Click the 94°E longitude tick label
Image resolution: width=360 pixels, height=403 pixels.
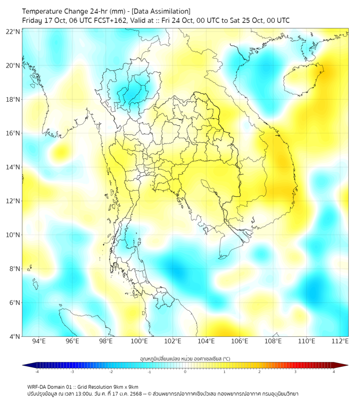click(39, 341)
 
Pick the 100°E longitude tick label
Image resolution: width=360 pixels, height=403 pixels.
click(139, 341)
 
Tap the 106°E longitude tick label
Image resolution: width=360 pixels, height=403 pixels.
click(240, 341)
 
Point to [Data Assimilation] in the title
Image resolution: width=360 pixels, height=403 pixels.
click(160, 11)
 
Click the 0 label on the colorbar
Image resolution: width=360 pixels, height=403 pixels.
click(185, 372)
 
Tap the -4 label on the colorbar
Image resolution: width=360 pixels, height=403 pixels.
click(36, 372)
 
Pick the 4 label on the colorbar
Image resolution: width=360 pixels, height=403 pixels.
click(334, 372)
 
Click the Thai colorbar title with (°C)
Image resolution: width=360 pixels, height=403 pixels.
click(185, 358)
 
